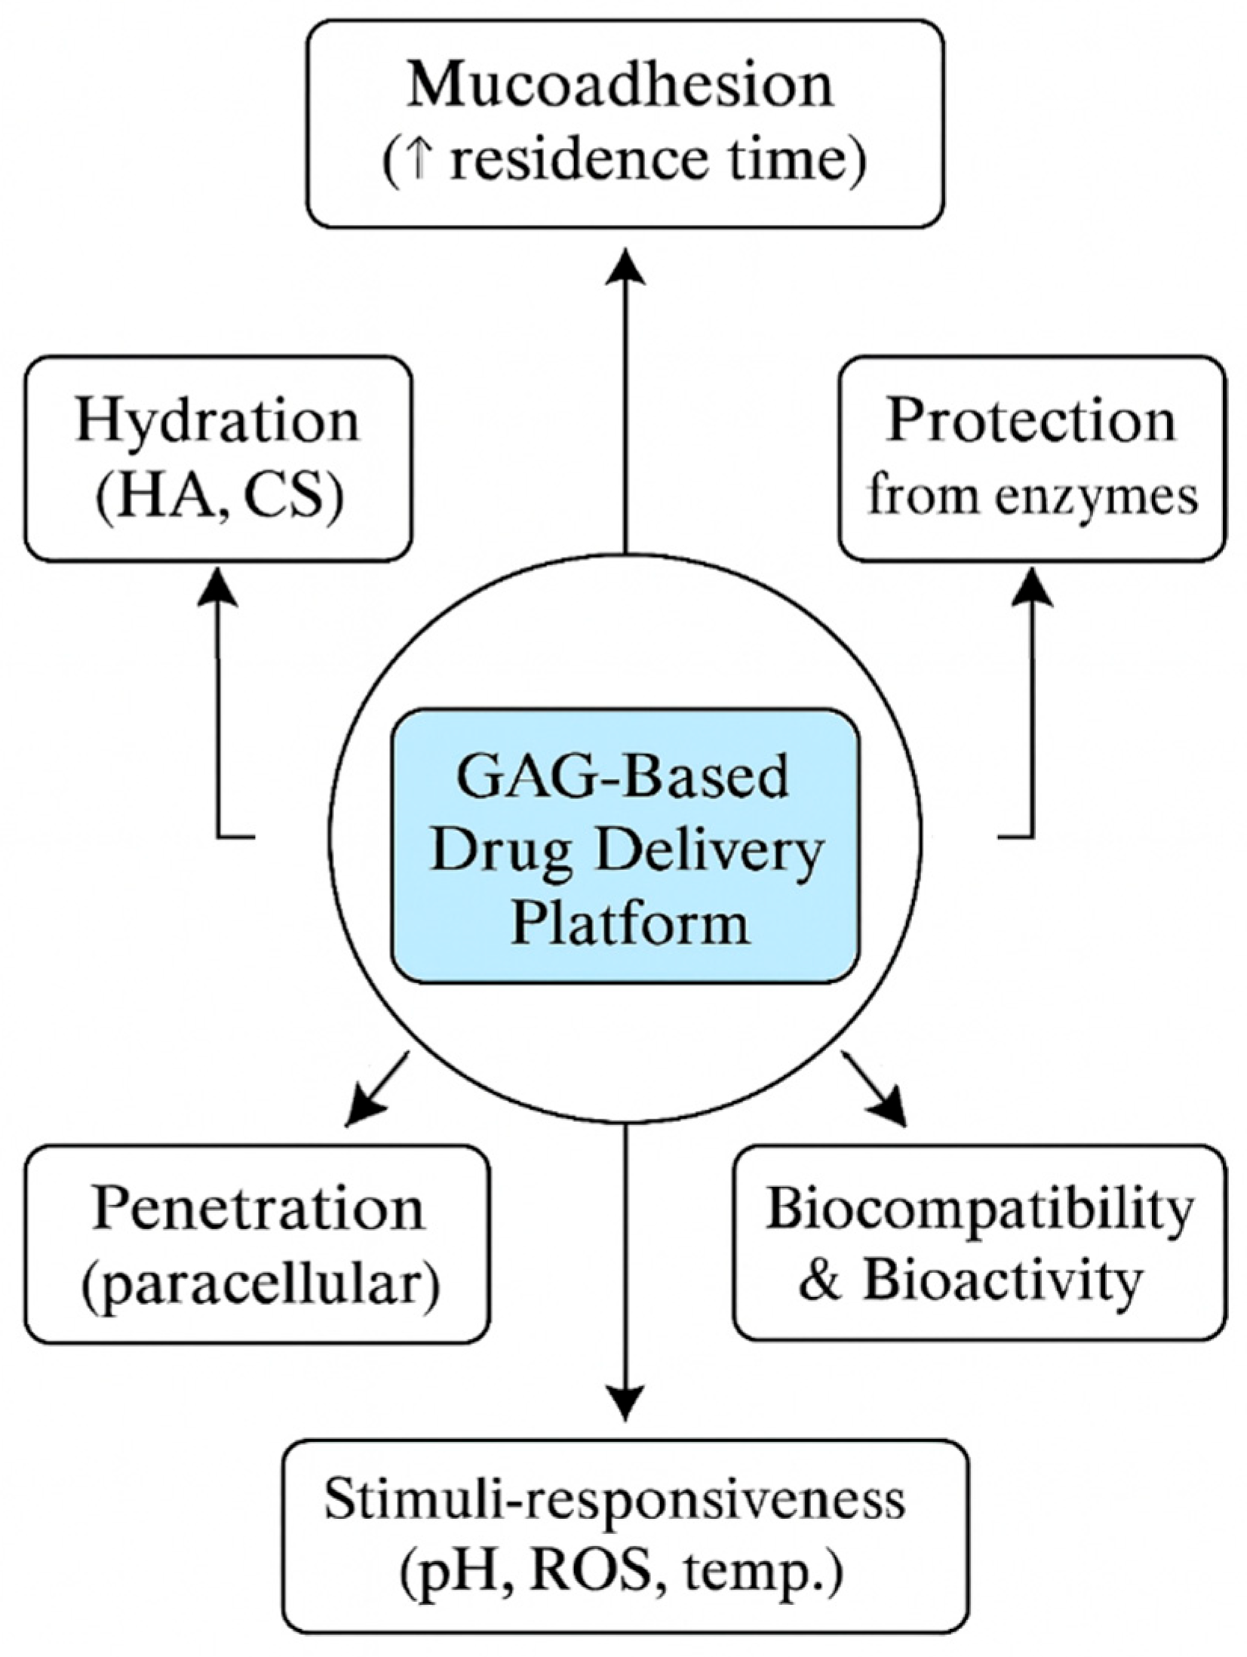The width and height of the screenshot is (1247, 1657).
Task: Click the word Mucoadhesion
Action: pyautogui.click(x=620, y=88)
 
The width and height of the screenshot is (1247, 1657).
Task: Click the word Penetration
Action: pyautogui.click(x=258, y=1210)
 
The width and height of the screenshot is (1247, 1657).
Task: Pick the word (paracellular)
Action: pyautogui.click(x=260, y=1284)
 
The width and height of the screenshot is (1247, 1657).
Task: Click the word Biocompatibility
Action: pyautogui.click(x=979, y=1210)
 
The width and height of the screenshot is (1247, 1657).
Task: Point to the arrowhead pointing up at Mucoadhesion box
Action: pyautogui.click(x=625, y=268)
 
